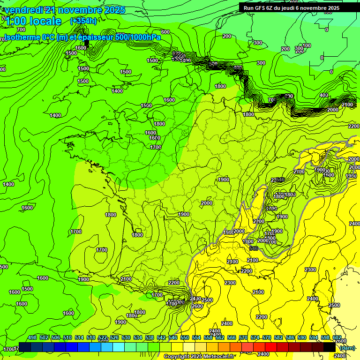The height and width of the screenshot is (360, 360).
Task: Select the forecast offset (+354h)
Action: (x=83, y=21)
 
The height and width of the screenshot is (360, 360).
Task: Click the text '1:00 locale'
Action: (x=33, y=21)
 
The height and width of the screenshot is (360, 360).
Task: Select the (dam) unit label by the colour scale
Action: (x=347, y=348)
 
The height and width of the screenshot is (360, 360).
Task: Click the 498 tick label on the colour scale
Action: (x=32, y=337)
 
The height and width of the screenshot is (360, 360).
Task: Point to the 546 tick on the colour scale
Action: (x=173, y=337)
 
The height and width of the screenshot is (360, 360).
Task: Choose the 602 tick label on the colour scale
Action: (x=337, y=337)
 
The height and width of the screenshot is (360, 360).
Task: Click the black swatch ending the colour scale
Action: (x=330, y=347)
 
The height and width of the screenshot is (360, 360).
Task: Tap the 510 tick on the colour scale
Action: (x=67, y=337)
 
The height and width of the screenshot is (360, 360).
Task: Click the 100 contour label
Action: (x=307, y=45)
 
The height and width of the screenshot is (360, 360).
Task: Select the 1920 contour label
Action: (x=351, y=176)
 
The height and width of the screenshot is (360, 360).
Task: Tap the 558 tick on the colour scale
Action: (x=208, y=337)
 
